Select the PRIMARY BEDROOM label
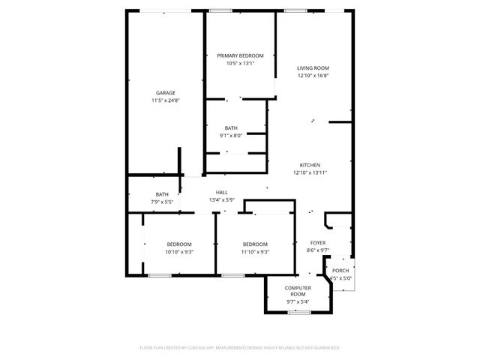click(x=240, y=55)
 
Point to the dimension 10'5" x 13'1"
click(x=240, y=63)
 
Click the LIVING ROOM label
click(x=313, y=68)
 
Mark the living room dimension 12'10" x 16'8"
click(x=313, y=76)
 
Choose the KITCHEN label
click(x=310, y=165)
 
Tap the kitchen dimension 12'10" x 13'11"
click(x=310, y=172)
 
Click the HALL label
click(x=222, y=193)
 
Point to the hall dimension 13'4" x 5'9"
click(x=222, y=200)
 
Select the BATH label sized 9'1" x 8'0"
click(x=230, y=128)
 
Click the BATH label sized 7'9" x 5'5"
click(x=162, y=194)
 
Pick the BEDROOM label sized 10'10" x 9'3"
click(x=179, y=244)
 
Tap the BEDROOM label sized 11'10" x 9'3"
click(x=255, y=244)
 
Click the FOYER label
click(x=318, y=243)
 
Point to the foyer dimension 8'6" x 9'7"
click(x=318, y=250)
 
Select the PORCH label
click(x=340, y=271)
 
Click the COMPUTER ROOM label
click(x=298, y=291)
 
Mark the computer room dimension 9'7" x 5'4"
click(x=298, y=301)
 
